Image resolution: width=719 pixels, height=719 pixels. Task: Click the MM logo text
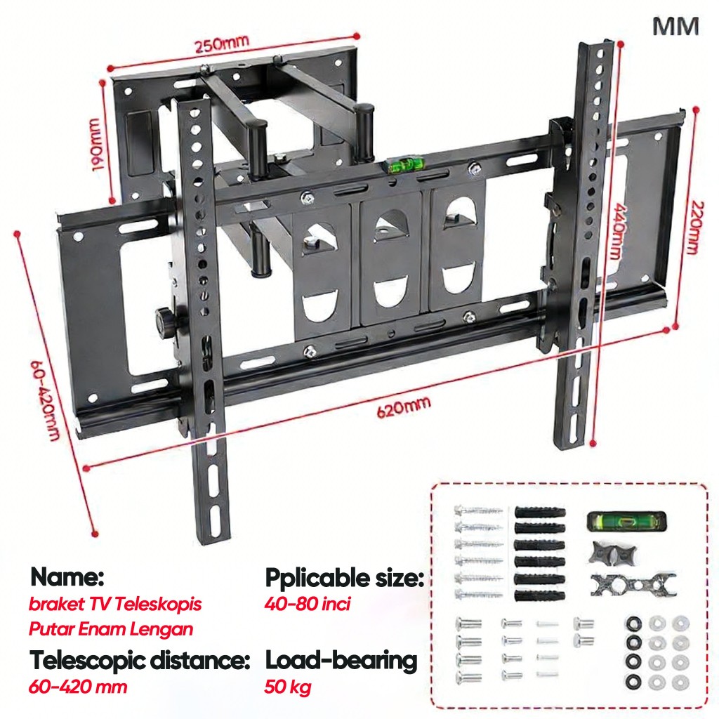pos(675,27)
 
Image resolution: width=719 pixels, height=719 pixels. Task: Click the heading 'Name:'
pos(67,578)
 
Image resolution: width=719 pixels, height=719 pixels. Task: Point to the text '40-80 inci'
pos(307,603)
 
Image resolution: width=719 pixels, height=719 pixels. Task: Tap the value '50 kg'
pos(288,687)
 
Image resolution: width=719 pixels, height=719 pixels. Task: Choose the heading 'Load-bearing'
pos(341,661)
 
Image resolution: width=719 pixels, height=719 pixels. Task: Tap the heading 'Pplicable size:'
pos(344,579)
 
